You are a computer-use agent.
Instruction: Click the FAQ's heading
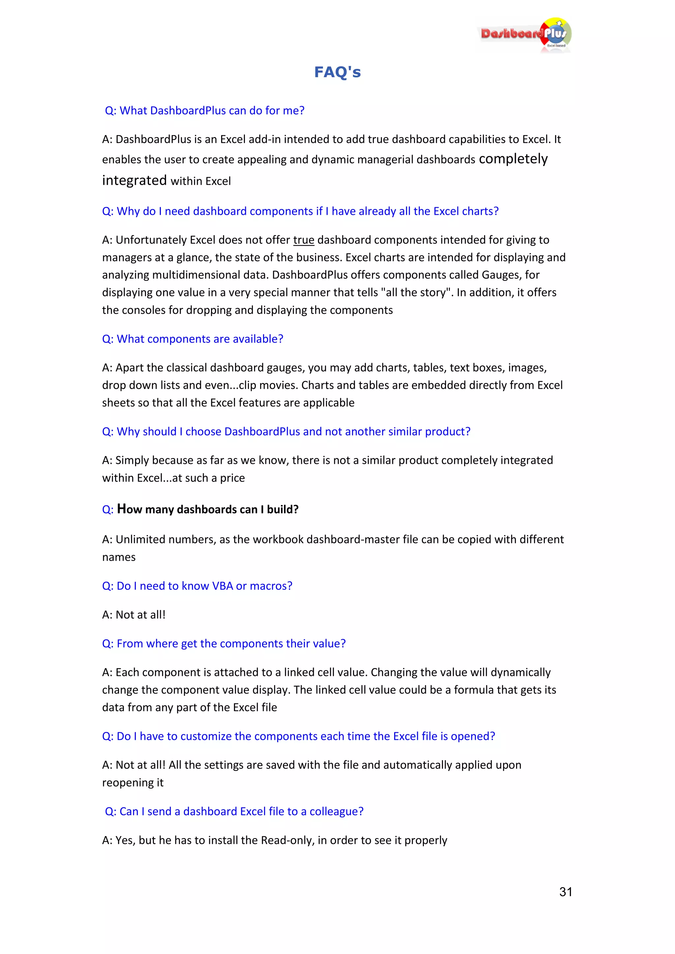[x=337, y=72]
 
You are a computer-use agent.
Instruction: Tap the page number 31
[x=565, y=892]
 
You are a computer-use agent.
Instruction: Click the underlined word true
[x=304, y=240]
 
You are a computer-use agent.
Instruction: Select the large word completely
[x=513, y=159]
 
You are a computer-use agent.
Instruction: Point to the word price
[x=232, y=478]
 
